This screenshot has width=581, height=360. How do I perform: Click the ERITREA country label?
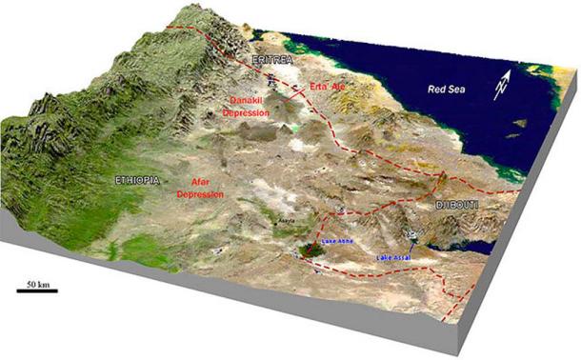click(x=270, y=60)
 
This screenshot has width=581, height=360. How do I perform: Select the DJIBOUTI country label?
click(x=457, y=205)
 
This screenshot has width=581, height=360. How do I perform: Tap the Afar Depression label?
click(x=200, y=188)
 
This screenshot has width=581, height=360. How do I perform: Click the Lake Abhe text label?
click(x=340, y=244)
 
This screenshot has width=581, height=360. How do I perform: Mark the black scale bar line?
click(x=37, y=291)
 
